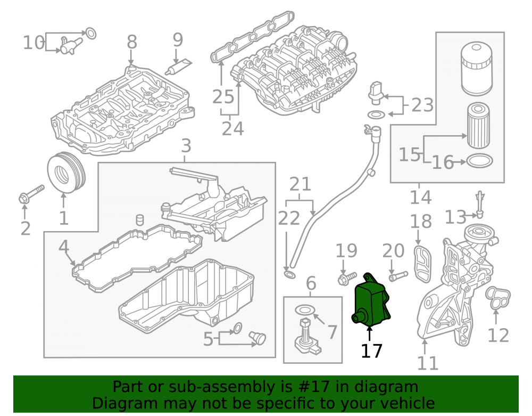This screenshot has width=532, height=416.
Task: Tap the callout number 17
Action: pyautogui.click(x=371, y=351)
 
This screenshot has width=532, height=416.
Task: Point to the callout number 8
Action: pyautogui.click(x=131, y=42)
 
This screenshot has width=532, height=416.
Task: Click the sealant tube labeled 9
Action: pyautogui.click(x=178, y=67)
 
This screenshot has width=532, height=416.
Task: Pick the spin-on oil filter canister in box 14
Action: pyautogui.click(x=476, y=69)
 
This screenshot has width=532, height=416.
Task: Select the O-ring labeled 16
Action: pyautogui.click(x=480, y=161)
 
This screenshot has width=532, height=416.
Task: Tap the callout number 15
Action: pyautogui.click(x=409, y=154)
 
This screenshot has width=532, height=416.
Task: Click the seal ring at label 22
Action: pyautogui.click(x=289, y=274)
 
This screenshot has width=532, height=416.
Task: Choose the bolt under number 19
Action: pyautogui.click(x=347, y=278)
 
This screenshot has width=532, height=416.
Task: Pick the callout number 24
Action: pyautogui.click(x=233, y=128)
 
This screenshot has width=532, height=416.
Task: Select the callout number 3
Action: pyautogui.click(x=186, y=146)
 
